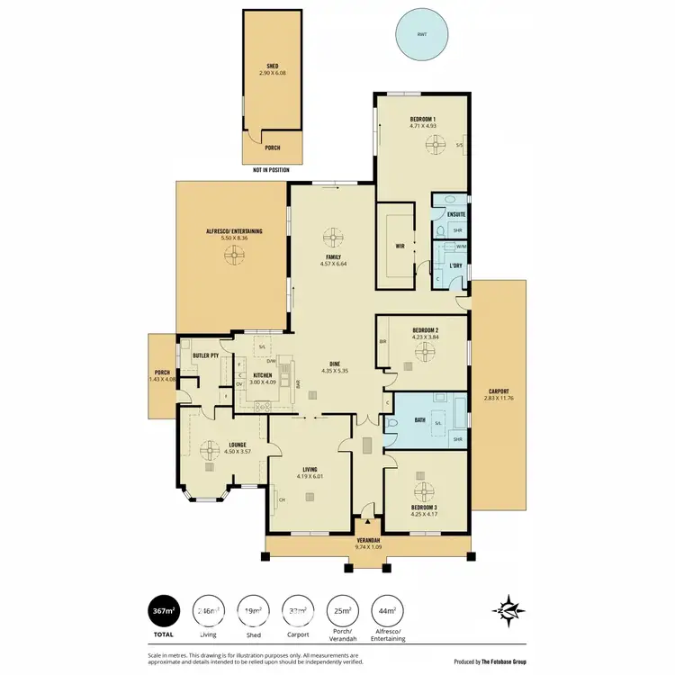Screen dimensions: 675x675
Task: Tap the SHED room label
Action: click(x=273, y=66)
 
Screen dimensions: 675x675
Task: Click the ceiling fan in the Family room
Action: click(x=332, y=238)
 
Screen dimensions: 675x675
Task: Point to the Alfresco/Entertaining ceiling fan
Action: click(x=232, y=255)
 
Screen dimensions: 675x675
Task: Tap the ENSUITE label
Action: click(x=456, y=214)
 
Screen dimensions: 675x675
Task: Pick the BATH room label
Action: click(x=419, y=418)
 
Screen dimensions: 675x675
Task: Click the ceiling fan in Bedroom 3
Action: click(x=423, y=490)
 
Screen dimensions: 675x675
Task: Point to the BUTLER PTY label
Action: click(x=206, y=355)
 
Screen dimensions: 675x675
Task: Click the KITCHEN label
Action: click(x=262, y=374)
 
